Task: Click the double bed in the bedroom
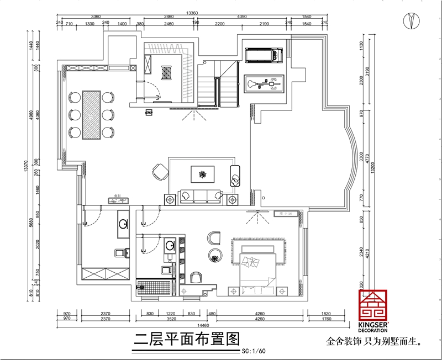pyautogui.click(x=256, y=267)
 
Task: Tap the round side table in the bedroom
pyautogui.click(x=214, y=256)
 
